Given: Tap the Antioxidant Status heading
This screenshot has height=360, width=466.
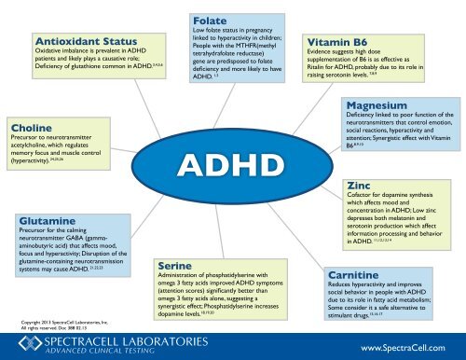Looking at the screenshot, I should click(79, 41).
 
